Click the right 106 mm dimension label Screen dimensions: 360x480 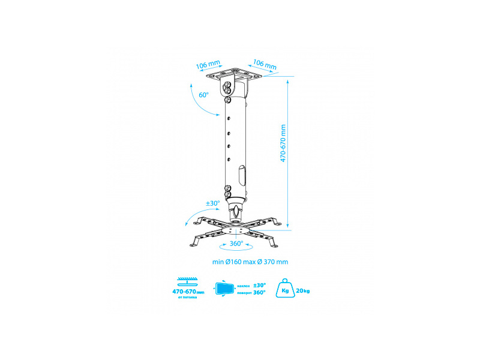[x=265, y=64]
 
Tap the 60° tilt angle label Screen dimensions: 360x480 [x=203, y=95]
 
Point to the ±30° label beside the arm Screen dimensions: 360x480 [x=213, y=203]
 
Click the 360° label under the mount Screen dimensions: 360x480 [x=236, y=244]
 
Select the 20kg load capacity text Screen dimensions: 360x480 [x=302, y=291]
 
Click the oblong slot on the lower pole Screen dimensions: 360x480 [x=241, y=176]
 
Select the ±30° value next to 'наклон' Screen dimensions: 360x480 [x=259, y=285]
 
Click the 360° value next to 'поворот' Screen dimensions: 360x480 [x=259, y=293]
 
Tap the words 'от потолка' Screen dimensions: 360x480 [x=188, y=298]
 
